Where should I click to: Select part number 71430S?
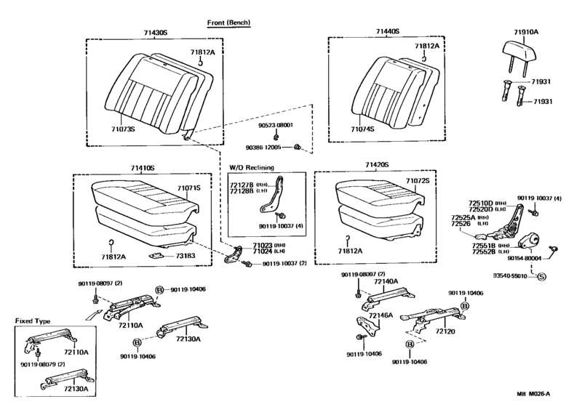point(155,33)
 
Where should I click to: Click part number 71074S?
point(362,129)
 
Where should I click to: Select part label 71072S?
point(418,180)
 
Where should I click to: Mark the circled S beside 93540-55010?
point(541,276)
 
